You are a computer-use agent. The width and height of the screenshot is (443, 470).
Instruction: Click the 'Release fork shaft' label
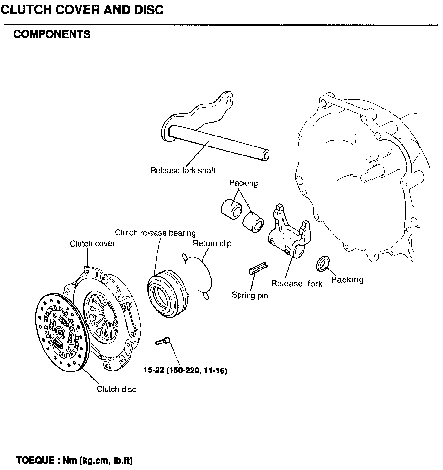tap(183, 170)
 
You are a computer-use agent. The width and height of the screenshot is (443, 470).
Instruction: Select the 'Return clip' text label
tap(212, 243)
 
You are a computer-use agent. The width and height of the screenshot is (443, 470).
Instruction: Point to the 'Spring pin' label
tap(250, 295)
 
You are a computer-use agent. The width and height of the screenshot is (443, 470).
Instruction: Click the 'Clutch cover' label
tap(92, 243)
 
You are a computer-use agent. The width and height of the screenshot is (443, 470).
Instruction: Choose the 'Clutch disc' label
tap(116, 389)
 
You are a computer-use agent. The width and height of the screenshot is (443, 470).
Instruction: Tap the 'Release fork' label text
tap(296, 283)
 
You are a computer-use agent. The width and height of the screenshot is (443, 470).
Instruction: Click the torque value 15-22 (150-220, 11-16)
tap(185, 371)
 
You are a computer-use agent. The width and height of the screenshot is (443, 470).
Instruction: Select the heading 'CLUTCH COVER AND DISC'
tap(82, 10)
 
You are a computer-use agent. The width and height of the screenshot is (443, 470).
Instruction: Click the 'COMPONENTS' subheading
tap(52, 34)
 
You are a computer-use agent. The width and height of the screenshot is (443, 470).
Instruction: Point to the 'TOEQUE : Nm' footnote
tap(74, 460)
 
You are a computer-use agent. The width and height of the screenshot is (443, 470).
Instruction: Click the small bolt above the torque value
tap(163, 341)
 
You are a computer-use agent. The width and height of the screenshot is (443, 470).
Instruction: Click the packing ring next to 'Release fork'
tap(323, 262)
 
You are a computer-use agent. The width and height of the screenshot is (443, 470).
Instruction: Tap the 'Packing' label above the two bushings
tap(243, 183)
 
